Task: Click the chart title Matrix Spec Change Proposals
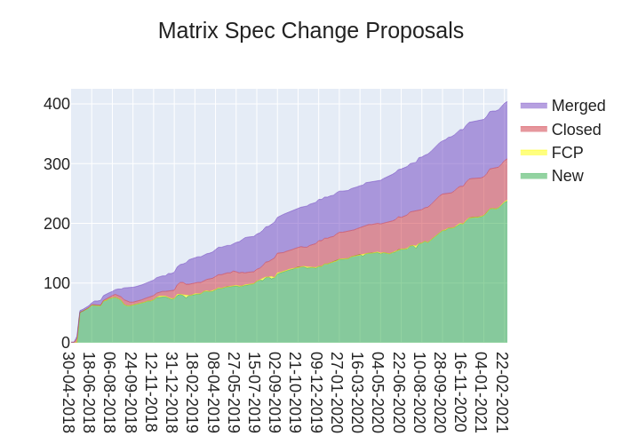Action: point(311,31)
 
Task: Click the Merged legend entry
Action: point(578,106)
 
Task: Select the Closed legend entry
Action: point(576,130)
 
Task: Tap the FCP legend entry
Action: point(567,153)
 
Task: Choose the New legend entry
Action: point(567,176)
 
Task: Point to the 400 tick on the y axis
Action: point(57,104)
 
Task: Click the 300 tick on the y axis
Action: point(57,163)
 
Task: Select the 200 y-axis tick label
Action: point(57,223)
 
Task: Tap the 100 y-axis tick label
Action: point(57,282)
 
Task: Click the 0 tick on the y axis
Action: point(65,342)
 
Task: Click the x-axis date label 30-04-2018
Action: point(69,392)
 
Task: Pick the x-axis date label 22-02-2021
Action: point(502,392)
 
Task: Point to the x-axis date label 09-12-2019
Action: point(316,392)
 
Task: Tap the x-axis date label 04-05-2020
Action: point(379,392)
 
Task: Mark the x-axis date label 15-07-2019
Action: point(255,392)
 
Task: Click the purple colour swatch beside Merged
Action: point(533,106)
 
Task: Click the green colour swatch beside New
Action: point(533,176)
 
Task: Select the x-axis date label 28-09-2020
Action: point(440,392)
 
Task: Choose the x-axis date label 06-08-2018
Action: point(110,392)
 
